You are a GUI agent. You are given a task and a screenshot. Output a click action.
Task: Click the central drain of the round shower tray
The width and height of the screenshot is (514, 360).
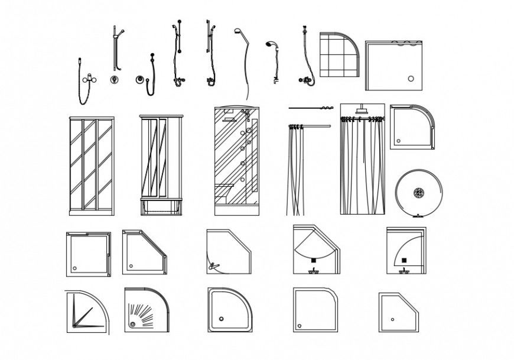click(419, 192)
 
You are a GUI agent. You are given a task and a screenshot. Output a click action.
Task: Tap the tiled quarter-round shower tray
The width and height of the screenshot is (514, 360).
click(339, 54)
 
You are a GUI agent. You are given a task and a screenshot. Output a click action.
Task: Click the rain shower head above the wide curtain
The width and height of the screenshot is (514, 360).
click(362, 111)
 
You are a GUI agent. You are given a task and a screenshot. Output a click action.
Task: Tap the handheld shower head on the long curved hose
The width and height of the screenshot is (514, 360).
click(238, 31)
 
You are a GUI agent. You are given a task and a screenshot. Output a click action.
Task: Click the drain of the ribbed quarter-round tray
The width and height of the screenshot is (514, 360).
click(133, 323)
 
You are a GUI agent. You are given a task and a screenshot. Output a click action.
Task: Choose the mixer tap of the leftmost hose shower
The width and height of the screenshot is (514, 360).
click(89, 78)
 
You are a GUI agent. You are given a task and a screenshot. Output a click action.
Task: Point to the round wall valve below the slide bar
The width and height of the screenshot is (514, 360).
click(113, 79)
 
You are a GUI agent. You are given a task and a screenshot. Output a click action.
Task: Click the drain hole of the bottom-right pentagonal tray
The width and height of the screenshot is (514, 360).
click(392, 319)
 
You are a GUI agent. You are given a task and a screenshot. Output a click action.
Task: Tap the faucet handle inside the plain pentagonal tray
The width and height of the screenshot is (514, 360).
click(214, 266)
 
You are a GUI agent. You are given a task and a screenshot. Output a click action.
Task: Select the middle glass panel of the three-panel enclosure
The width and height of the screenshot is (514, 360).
click(90, 166)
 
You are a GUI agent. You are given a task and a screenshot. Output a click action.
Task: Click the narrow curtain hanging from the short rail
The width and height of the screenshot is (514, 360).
click(295, 171)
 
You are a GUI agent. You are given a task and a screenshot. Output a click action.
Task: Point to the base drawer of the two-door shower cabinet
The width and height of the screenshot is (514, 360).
click(161, 206)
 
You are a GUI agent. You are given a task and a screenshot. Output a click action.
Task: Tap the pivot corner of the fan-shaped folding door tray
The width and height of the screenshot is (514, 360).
click(73, 325)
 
